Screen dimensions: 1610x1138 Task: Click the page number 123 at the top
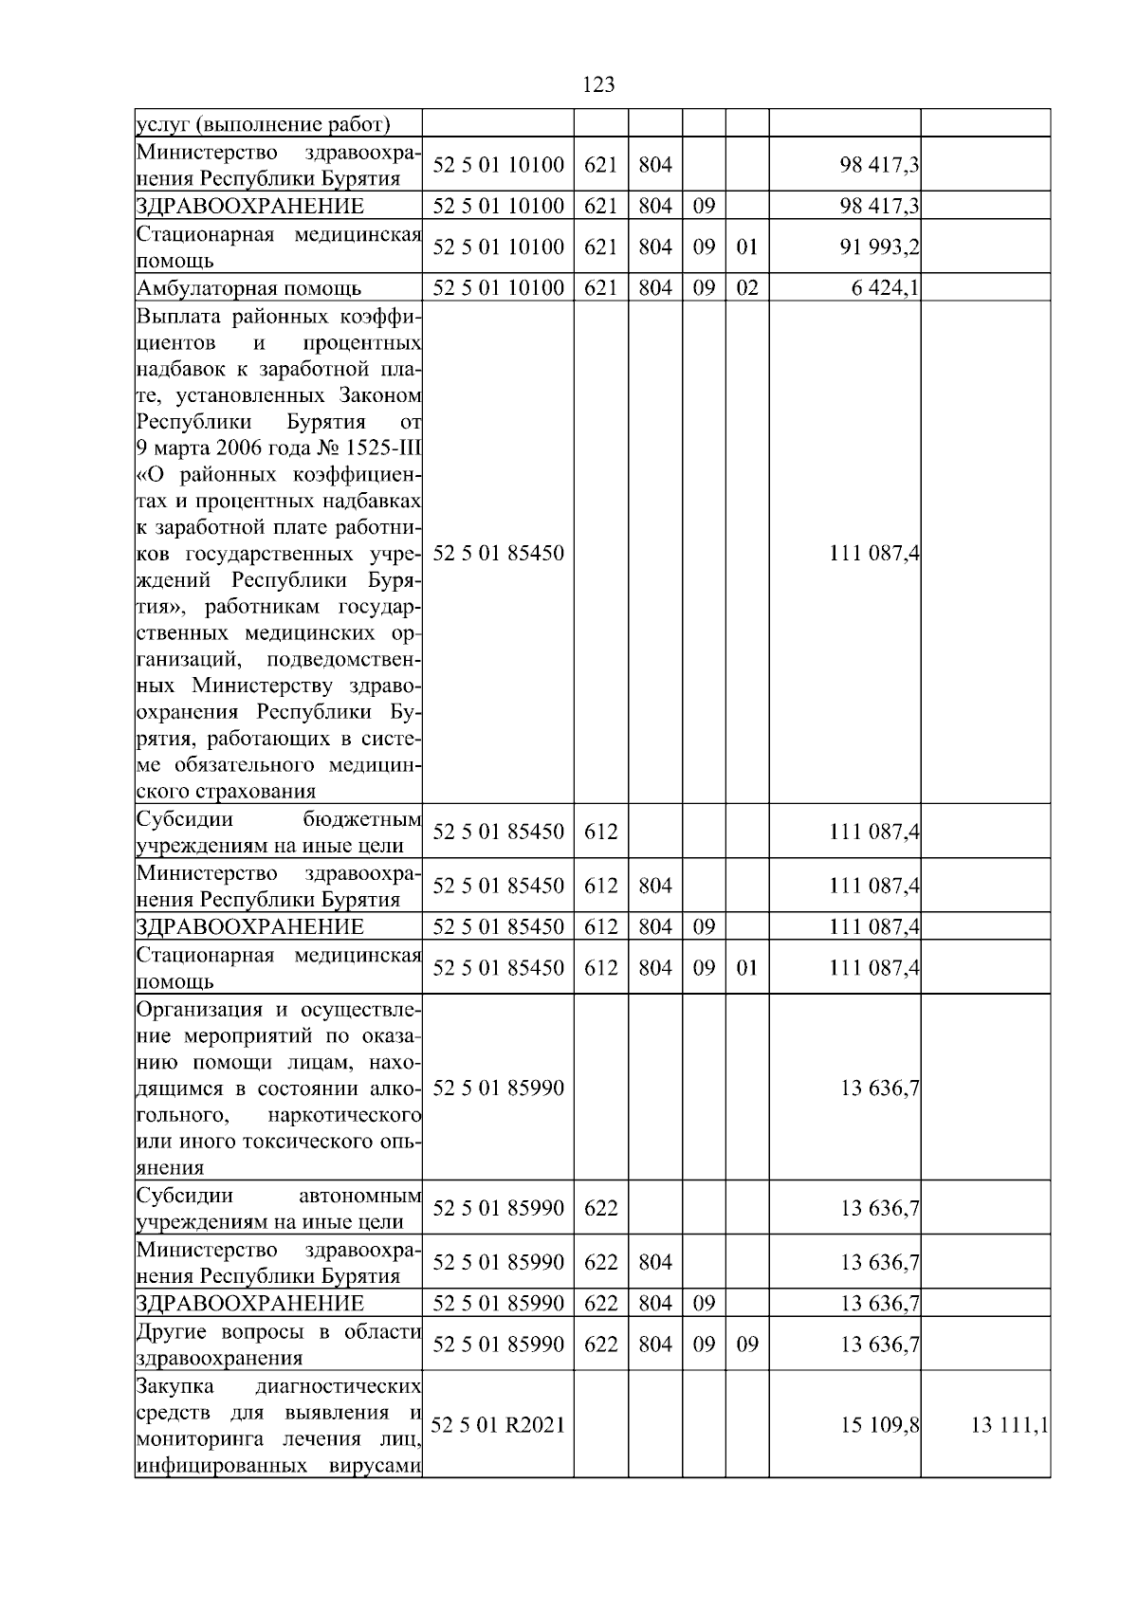597,85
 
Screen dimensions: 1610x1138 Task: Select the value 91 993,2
878,247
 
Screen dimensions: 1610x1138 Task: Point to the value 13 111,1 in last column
1009,1425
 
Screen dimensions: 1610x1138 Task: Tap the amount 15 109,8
878,1425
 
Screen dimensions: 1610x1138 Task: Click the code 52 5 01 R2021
498,1425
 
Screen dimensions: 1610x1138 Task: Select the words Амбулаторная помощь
248,288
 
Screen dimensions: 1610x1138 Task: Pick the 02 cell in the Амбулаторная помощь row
747,288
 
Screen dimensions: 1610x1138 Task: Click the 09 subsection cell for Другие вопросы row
747,1345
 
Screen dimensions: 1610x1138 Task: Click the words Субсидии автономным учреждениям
279,1208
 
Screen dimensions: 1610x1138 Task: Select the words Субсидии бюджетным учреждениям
279,832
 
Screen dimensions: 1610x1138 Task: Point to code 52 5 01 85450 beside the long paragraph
498,553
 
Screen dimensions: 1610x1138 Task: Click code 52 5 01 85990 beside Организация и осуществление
498,1088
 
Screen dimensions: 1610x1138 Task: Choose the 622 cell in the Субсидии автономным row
601,1208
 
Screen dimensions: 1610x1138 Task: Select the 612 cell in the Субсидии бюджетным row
601,832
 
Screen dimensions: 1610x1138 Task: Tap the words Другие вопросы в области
279,1332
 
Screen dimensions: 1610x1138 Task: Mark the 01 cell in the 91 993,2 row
747,247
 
